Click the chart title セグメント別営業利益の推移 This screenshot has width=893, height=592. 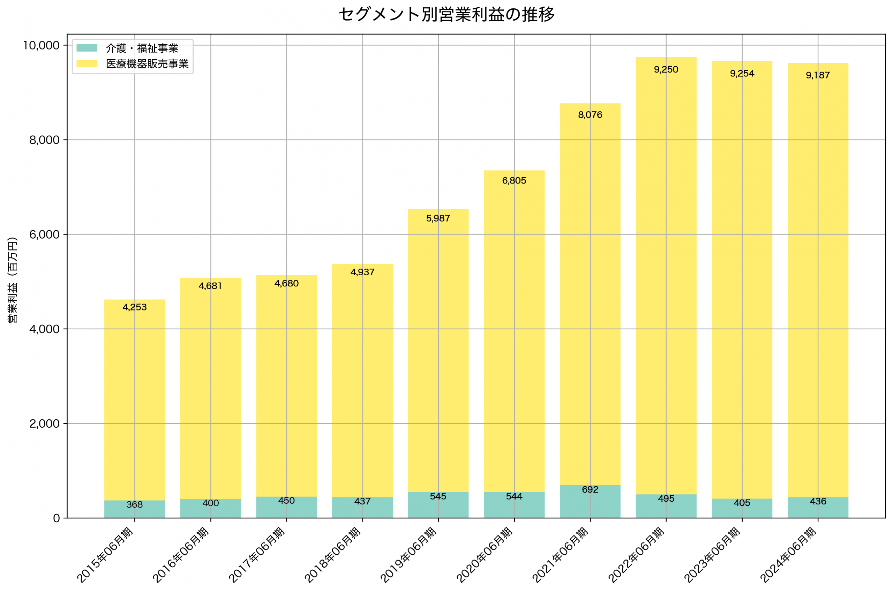(x=446, y=15)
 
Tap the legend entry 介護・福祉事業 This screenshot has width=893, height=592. (x=142, y=48)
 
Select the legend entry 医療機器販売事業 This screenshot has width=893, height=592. (x=147, y=64)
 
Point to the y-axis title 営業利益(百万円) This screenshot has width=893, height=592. (x=13, y=280)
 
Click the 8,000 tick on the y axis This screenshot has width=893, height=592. (x=45, y=140)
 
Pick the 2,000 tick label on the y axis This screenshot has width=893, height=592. (x=45, y=424)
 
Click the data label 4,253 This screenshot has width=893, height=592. (x=135, y=307)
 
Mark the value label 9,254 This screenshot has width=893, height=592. (x=742, y=74)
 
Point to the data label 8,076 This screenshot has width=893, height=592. (x=590, y=115)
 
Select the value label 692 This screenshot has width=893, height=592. (x=590, y=490)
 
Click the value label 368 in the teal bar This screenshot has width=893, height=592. (x=135, y=505)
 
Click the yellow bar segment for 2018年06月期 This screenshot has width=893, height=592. (x=362, y=377)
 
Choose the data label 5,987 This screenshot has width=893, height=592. (x=438, y=219)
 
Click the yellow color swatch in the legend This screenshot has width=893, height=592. (x=87, y=64)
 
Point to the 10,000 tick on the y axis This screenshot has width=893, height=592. (x=42, y=45)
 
